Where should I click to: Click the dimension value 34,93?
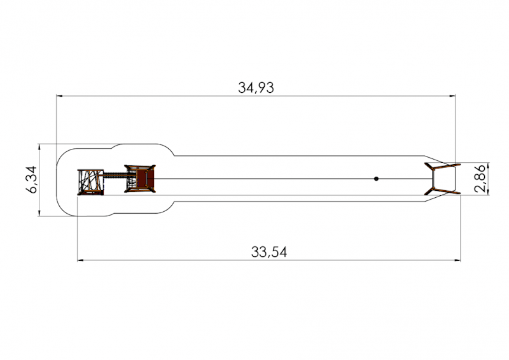tap(256, 88)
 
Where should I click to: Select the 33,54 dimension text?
tap(269, 253)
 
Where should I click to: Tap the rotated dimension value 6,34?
tap(33, 179)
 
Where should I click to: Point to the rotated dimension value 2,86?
tap(480, 179)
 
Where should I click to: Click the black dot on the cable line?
tap(376, 179)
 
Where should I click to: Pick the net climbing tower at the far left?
tap(90, 182)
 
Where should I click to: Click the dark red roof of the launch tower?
tap(142, 179)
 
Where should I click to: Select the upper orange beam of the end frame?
tap(447, 167)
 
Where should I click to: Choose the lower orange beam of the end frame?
tap(447, 191)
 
